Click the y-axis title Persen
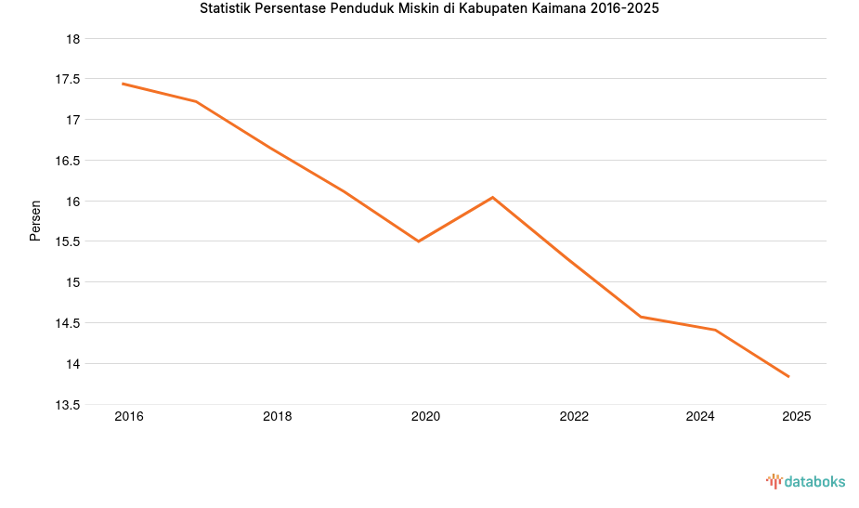pyautogui.click(x=35, y=220)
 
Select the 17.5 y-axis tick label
pyautogui.click(x=68, y=79)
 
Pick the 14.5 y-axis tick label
pyautogui.click(x=68, y=323)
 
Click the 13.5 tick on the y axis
pyautogui.click(x=68, y=405)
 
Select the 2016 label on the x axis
pyautogui.click(x=129, y=417)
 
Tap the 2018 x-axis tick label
pyautogui.click(x=277, y=417)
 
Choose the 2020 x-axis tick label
pyautogui.click(x=425, y=417)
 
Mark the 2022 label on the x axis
pyautogui.click(x=574, y=417)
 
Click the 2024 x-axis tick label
pyautogui.click(x=700, y=417)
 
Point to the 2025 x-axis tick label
pyautogui.click(x=797, y=417)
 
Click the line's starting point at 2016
pyautogui.click(x=123, y=84)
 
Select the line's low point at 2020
pyautogui.click(x=419, y=241)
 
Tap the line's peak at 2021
pyautogui.click(x=493, y=197)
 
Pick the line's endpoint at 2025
pyautogui.click(x=789, y=377)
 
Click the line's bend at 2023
pyautogui.click(x=641, y=317)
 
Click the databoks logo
pyautogui.click(x=805, y=481)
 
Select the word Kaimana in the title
pyautogui.click(x=560, y=8)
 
